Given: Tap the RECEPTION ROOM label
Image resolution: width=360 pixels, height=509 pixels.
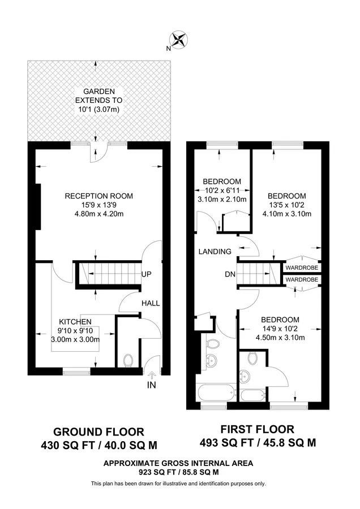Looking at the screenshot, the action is point(98,196).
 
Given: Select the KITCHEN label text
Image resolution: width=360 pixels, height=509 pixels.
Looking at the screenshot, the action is point(75,322).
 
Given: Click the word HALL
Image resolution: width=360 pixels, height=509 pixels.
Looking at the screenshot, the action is point(151,303).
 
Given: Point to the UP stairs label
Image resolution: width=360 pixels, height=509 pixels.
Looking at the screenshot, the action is point(147,274).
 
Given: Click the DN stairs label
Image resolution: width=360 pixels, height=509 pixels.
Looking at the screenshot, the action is point(230,274).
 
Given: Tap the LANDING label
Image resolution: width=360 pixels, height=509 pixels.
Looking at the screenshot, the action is point(215,252).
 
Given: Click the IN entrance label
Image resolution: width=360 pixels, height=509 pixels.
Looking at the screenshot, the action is point(152,385).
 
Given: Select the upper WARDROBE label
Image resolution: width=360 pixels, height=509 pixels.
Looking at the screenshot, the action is point(302,268).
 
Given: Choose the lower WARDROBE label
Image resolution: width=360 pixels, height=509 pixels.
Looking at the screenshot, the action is point(302,279).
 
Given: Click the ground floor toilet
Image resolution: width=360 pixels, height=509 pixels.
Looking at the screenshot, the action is point(128,360).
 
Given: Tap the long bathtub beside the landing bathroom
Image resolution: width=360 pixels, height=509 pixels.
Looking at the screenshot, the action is point(217,392).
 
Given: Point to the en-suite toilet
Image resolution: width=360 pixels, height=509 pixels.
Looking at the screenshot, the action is point(252,358).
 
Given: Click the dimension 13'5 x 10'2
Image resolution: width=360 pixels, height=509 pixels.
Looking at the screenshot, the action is point(287,205).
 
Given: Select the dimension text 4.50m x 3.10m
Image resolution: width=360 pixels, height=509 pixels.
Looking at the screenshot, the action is point(280,338).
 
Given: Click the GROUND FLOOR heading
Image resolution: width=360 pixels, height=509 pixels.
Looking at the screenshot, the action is point(98,432).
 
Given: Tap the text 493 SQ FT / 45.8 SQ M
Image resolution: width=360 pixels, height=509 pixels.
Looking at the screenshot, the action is point(258,442).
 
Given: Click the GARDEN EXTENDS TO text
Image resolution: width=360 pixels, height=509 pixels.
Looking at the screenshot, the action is point(98,96).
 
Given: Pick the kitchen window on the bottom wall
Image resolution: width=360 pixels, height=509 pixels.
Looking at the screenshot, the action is point(76,372).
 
